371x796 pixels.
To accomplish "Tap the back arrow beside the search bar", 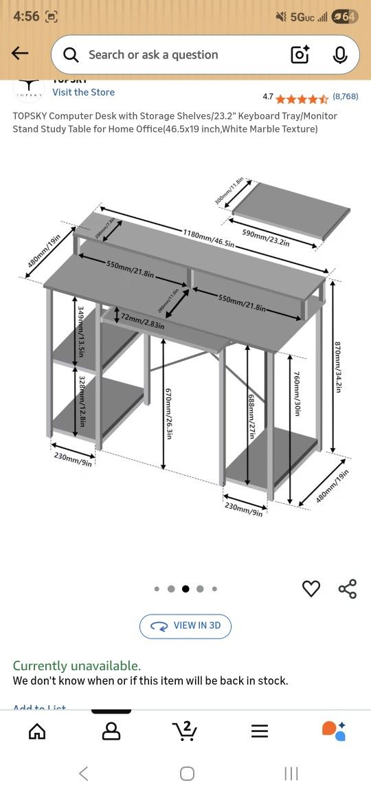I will [20, 54].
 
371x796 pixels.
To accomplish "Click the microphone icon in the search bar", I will [340, 55].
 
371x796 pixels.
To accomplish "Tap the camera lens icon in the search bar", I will [300, 55].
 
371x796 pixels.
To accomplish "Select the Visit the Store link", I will [83, 92].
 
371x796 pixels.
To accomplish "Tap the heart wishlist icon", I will [311, 588].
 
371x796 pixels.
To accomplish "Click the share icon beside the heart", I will [348, 588].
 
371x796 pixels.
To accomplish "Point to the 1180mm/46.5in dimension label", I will [208, 238].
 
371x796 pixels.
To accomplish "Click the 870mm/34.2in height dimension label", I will [337, 367].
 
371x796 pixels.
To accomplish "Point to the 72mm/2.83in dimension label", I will [142, 320].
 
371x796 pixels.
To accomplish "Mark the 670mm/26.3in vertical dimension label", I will [168, 413].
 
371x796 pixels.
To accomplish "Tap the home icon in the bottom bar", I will [37, 731].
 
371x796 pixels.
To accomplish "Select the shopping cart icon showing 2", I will [184, 731].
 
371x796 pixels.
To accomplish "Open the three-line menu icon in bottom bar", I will [260, 731].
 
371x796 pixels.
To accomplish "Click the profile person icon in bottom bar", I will [111, 731].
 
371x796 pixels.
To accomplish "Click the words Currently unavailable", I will [77, 665].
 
